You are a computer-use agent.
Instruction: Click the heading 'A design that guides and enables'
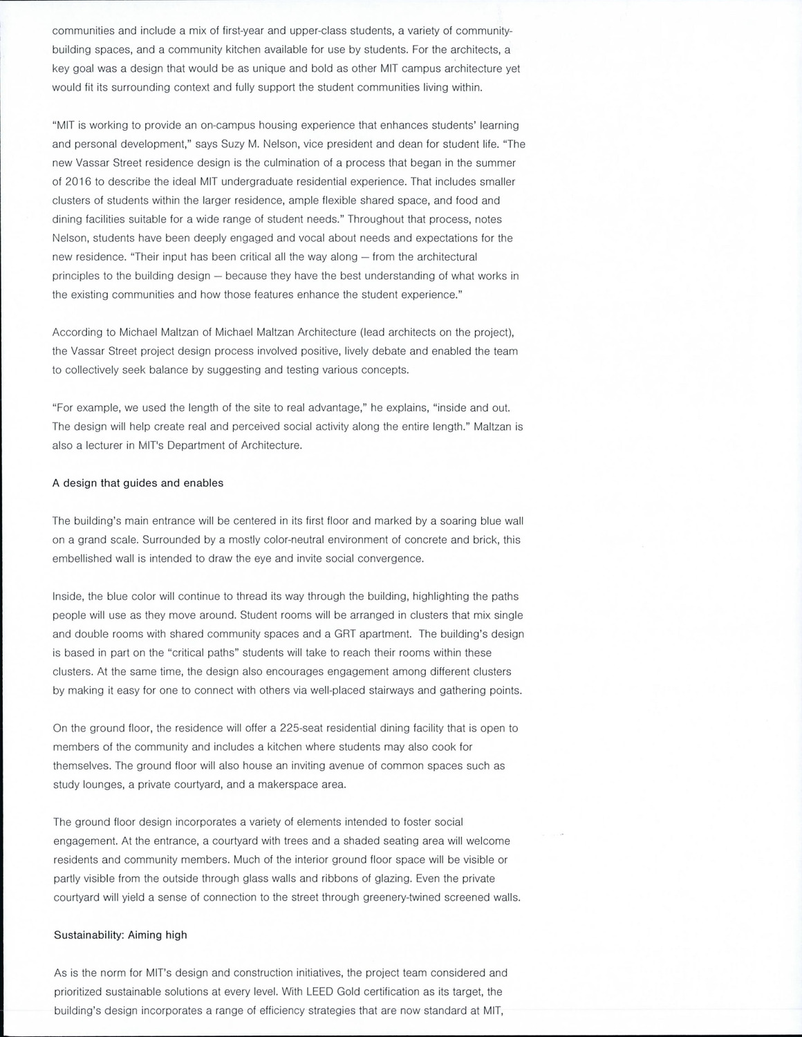click(x=138, y=483)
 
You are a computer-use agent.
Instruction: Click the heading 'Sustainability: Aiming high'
click(x=120, y=935)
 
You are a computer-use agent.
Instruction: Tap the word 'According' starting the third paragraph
click(x=77, y=333)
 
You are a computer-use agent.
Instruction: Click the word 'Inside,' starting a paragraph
click(x=69, y=597)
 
